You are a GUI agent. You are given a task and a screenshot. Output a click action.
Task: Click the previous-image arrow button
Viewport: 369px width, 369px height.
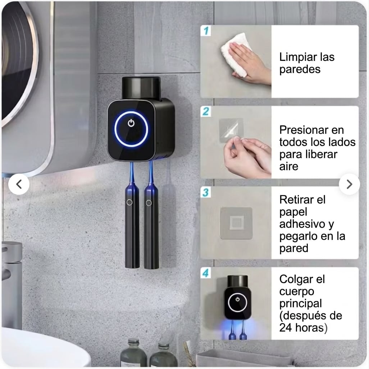[19, 184]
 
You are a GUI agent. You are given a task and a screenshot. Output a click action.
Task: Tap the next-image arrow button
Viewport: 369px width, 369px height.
[350, 184]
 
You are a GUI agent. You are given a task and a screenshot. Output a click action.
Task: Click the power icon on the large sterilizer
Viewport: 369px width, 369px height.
[131, 123]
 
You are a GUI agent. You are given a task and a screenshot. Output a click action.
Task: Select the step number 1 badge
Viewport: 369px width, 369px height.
[206, 31]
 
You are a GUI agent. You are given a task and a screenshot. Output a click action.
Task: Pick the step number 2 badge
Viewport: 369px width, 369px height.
[206, 111]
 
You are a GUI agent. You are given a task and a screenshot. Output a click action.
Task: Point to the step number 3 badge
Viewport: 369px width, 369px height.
[206, 192]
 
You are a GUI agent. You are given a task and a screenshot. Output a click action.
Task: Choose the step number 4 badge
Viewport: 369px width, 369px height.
[206, 273]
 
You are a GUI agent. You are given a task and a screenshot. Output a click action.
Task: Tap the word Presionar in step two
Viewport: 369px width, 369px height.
[303, 130]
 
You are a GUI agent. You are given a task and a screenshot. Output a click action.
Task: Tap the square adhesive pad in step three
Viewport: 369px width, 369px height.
[236, 223]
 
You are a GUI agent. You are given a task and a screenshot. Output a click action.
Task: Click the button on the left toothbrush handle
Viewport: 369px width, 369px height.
[129, 202]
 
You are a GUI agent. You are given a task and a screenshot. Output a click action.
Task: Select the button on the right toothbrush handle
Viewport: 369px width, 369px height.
[149, 203]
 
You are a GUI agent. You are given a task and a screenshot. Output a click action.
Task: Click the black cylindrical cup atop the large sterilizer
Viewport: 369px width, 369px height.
[141, 88]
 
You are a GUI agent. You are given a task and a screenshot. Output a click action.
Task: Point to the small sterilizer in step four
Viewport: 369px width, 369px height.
[238, 297]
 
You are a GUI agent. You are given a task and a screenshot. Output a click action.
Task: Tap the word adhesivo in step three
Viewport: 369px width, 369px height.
[302, 224]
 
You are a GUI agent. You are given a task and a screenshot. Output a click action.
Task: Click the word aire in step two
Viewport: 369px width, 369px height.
[289, 166]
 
